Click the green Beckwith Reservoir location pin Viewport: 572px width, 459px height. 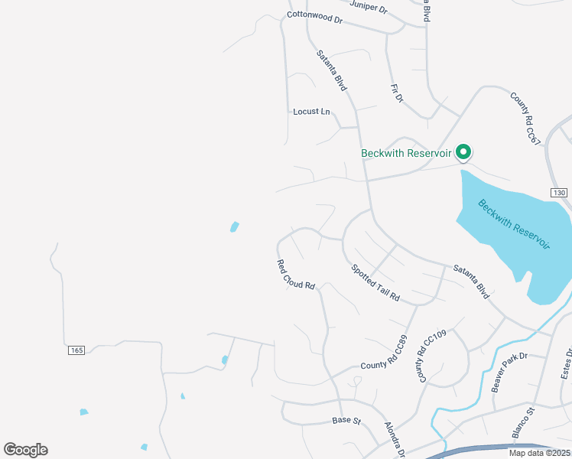tap(463, 152)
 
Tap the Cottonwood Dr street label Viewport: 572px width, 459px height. tap(314, 16)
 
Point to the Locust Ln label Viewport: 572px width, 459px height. tap(311, 112)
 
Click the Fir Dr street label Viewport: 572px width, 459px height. tap(396, 93)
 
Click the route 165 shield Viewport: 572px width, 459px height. tap(75, 350)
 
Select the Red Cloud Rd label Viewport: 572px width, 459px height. tap(296, 274)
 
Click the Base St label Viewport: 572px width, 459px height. tap(346, 420)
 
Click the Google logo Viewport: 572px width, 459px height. tap(25, 450)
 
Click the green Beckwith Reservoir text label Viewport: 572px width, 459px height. tap(407, 153)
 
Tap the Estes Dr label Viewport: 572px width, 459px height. tap(567, 363)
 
